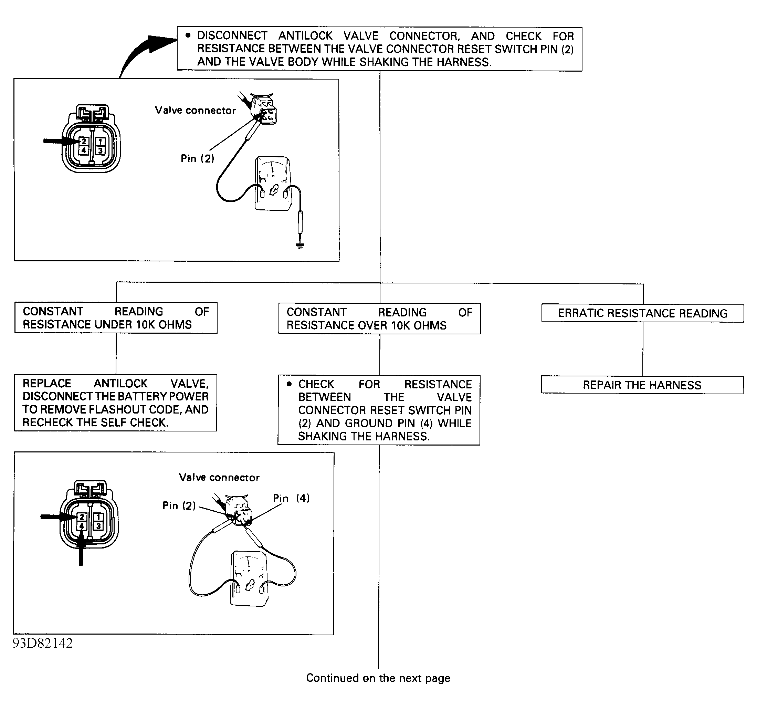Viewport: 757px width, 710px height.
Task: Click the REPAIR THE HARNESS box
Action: pyautogui.click(x=642, y=385)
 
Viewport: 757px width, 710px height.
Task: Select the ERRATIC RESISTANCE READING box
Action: pyautogui.click(x=642, y=313)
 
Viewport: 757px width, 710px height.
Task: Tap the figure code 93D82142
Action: pyautogui.click(x=43, y=643)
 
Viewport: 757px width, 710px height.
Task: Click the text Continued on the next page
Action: pyautogui.click(x=378, y=678)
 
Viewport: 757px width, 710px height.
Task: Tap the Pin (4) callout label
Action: pyautogui.click(x=291, y=498)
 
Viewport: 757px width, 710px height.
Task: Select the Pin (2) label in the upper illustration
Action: pyautogui.click(x=197, y=158)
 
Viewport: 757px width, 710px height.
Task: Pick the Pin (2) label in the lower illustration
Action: pyautogui.click(x=179, y=505)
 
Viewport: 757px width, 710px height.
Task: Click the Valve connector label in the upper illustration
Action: pyautogui.click(x=195, y=111)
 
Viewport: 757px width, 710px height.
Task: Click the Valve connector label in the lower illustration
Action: pyautogui.click(x=219, y=477)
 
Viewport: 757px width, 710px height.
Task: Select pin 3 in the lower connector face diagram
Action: pyautogui.click(x=98, y=526)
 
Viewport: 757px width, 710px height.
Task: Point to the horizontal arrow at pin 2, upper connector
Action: pyautogui.click(x=61, y=141)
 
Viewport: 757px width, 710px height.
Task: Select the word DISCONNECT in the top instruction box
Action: pyautogui.click(x=232, y=36)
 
